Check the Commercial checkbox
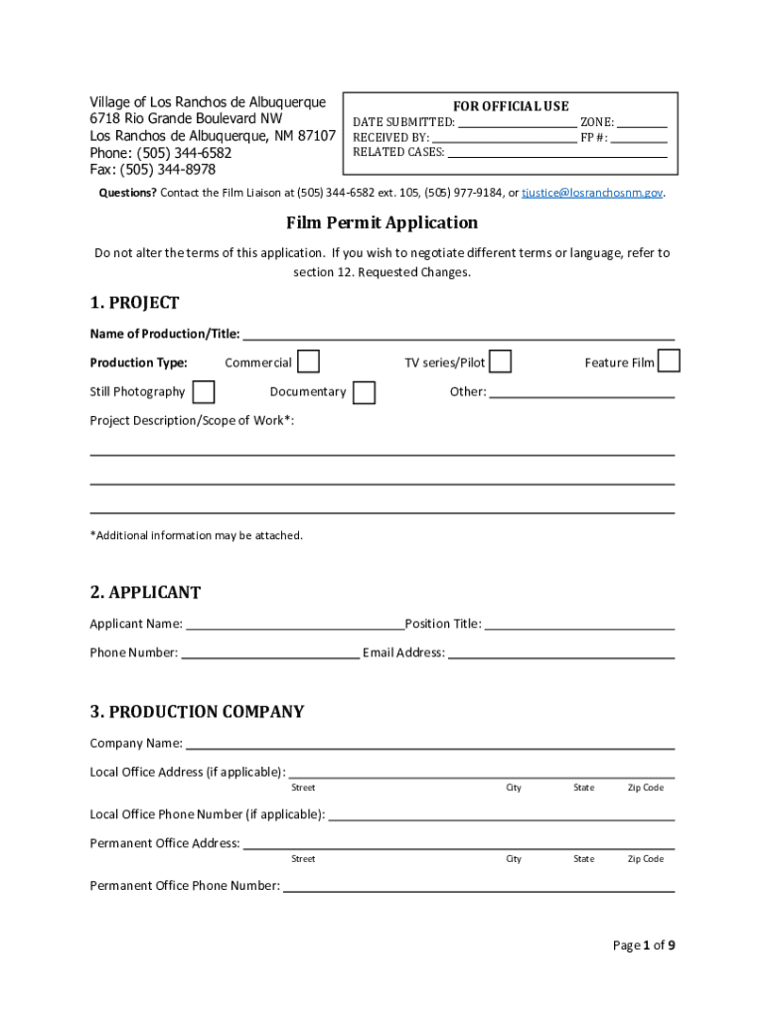(x=309, y=362)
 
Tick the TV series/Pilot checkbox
(x=502, y=362)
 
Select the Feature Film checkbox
(x=670, y=362)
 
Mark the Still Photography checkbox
(x=204, y=391)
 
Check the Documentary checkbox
(x=365, y=392)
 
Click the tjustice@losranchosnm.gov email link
(x=592, y=193)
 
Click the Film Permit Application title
(x=382, y=222)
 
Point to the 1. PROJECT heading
(x=134, y=303)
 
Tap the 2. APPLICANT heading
(x=145, y=593)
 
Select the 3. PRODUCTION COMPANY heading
(x=197, y=712)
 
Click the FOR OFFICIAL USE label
(x=511, y=106)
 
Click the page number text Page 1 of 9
(x=643, y=945)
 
